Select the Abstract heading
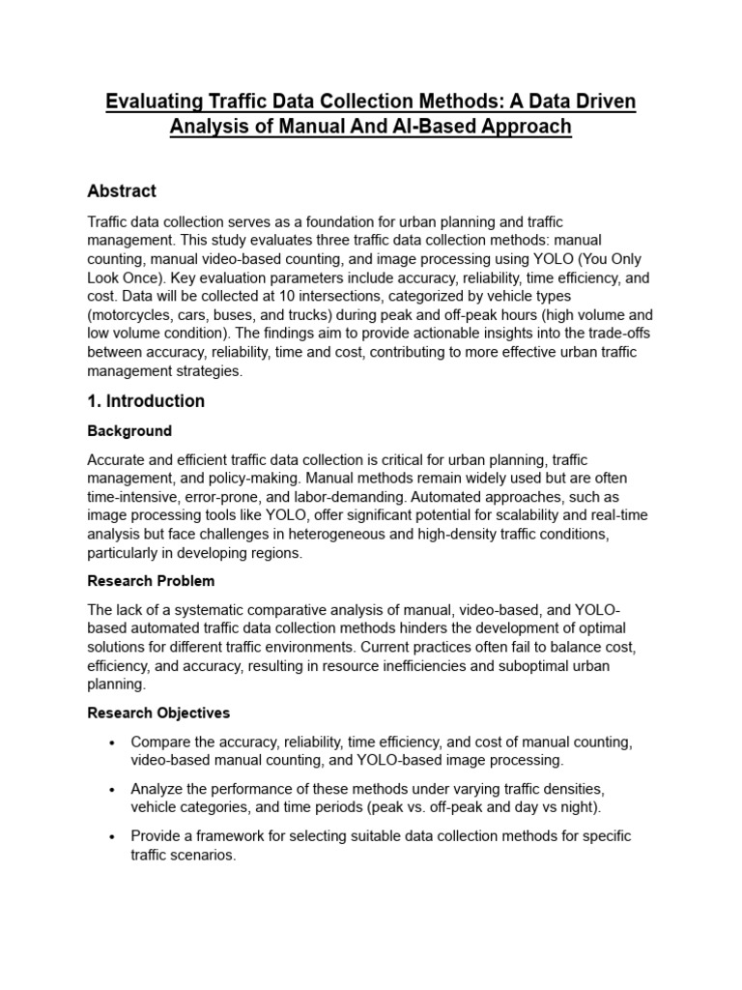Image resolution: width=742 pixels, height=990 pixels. pyautogui.click(x=122, y=190)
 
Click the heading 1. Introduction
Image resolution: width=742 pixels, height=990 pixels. pyautogui.click(x=146, y=400)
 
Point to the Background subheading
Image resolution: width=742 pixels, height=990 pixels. pyautogui.click(x=129, y=431)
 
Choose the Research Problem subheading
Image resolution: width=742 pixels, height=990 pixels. pyautogui.click(x=151, y=581)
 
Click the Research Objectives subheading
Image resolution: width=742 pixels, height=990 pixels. pyautogui.click(x=158, y=713)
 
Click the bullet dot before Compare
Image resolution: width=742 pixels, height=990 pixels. pyautogui.click(x=114, y=742)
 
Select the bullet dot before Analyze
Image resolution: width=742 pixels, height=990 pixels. pyautogui.click(x=114, y=789)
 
